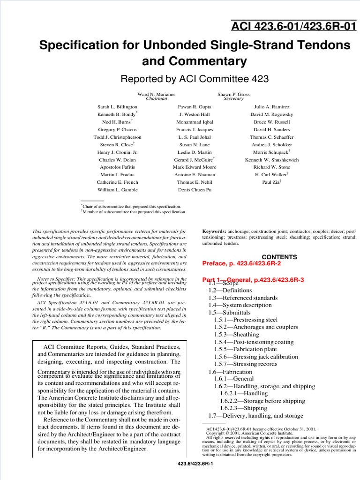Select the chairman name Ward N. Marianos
pos(157,94)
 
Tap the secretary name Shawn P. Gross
pos(233,94)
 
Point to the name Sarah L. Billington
pos(117,107)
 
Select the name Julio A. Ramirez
pos(272,107)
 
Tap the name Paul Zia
pos(271,182)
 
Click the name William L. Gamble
pos(117,190)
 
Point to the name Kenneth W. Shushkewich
pos(272,159)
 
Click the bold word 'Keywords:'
pos(214,232)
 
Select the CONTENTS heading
pos(279,257)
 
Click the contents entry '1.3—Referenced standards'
pos(243,298)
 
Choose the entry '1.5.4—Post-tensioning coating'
pos(254,342)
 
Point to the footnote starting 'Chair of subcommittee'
pos(132,206)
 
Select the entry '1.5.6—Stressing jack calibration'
pos(256,357)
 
